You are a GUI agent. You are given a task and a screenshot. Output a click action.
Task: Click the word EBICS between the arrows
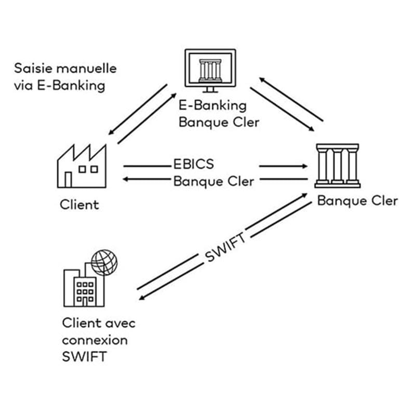pyautogui.click(x=193, y=165)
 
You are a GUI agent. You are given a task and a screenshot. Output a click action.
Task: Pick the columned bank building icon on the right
pyautogui.click(x=337, y=165)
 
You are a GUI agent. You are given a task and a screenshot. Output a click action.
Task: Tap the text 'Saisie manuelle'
pyautogui.click(x=65, y=68)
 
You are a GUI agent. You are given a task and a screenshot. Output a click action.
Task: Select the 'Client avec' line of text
pyautogui.click(x=98, y=323)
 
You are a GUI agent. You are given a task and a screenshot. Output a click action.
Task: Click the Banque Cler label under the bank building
pyautogui.click(x=357, y=201)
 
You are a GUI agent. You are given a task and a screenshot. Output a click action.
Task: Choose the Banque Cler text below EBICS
pyautogui.click(x=213, y=181)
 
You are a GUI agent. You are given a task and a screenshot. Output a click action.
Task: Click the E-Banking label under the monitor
pyautogui.click(x=212, y=106)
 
